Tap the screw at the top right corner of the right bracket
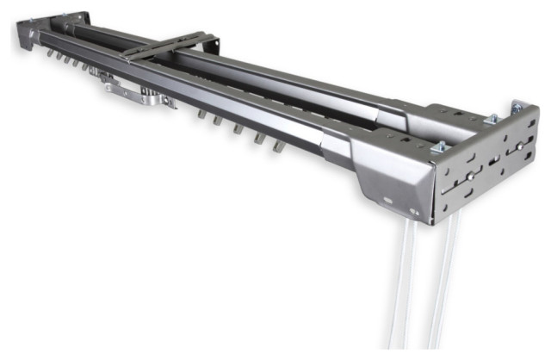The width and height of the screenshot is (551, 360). point(517,108)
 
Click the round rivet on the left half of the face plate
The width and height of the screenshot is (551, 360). point(470,178)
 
